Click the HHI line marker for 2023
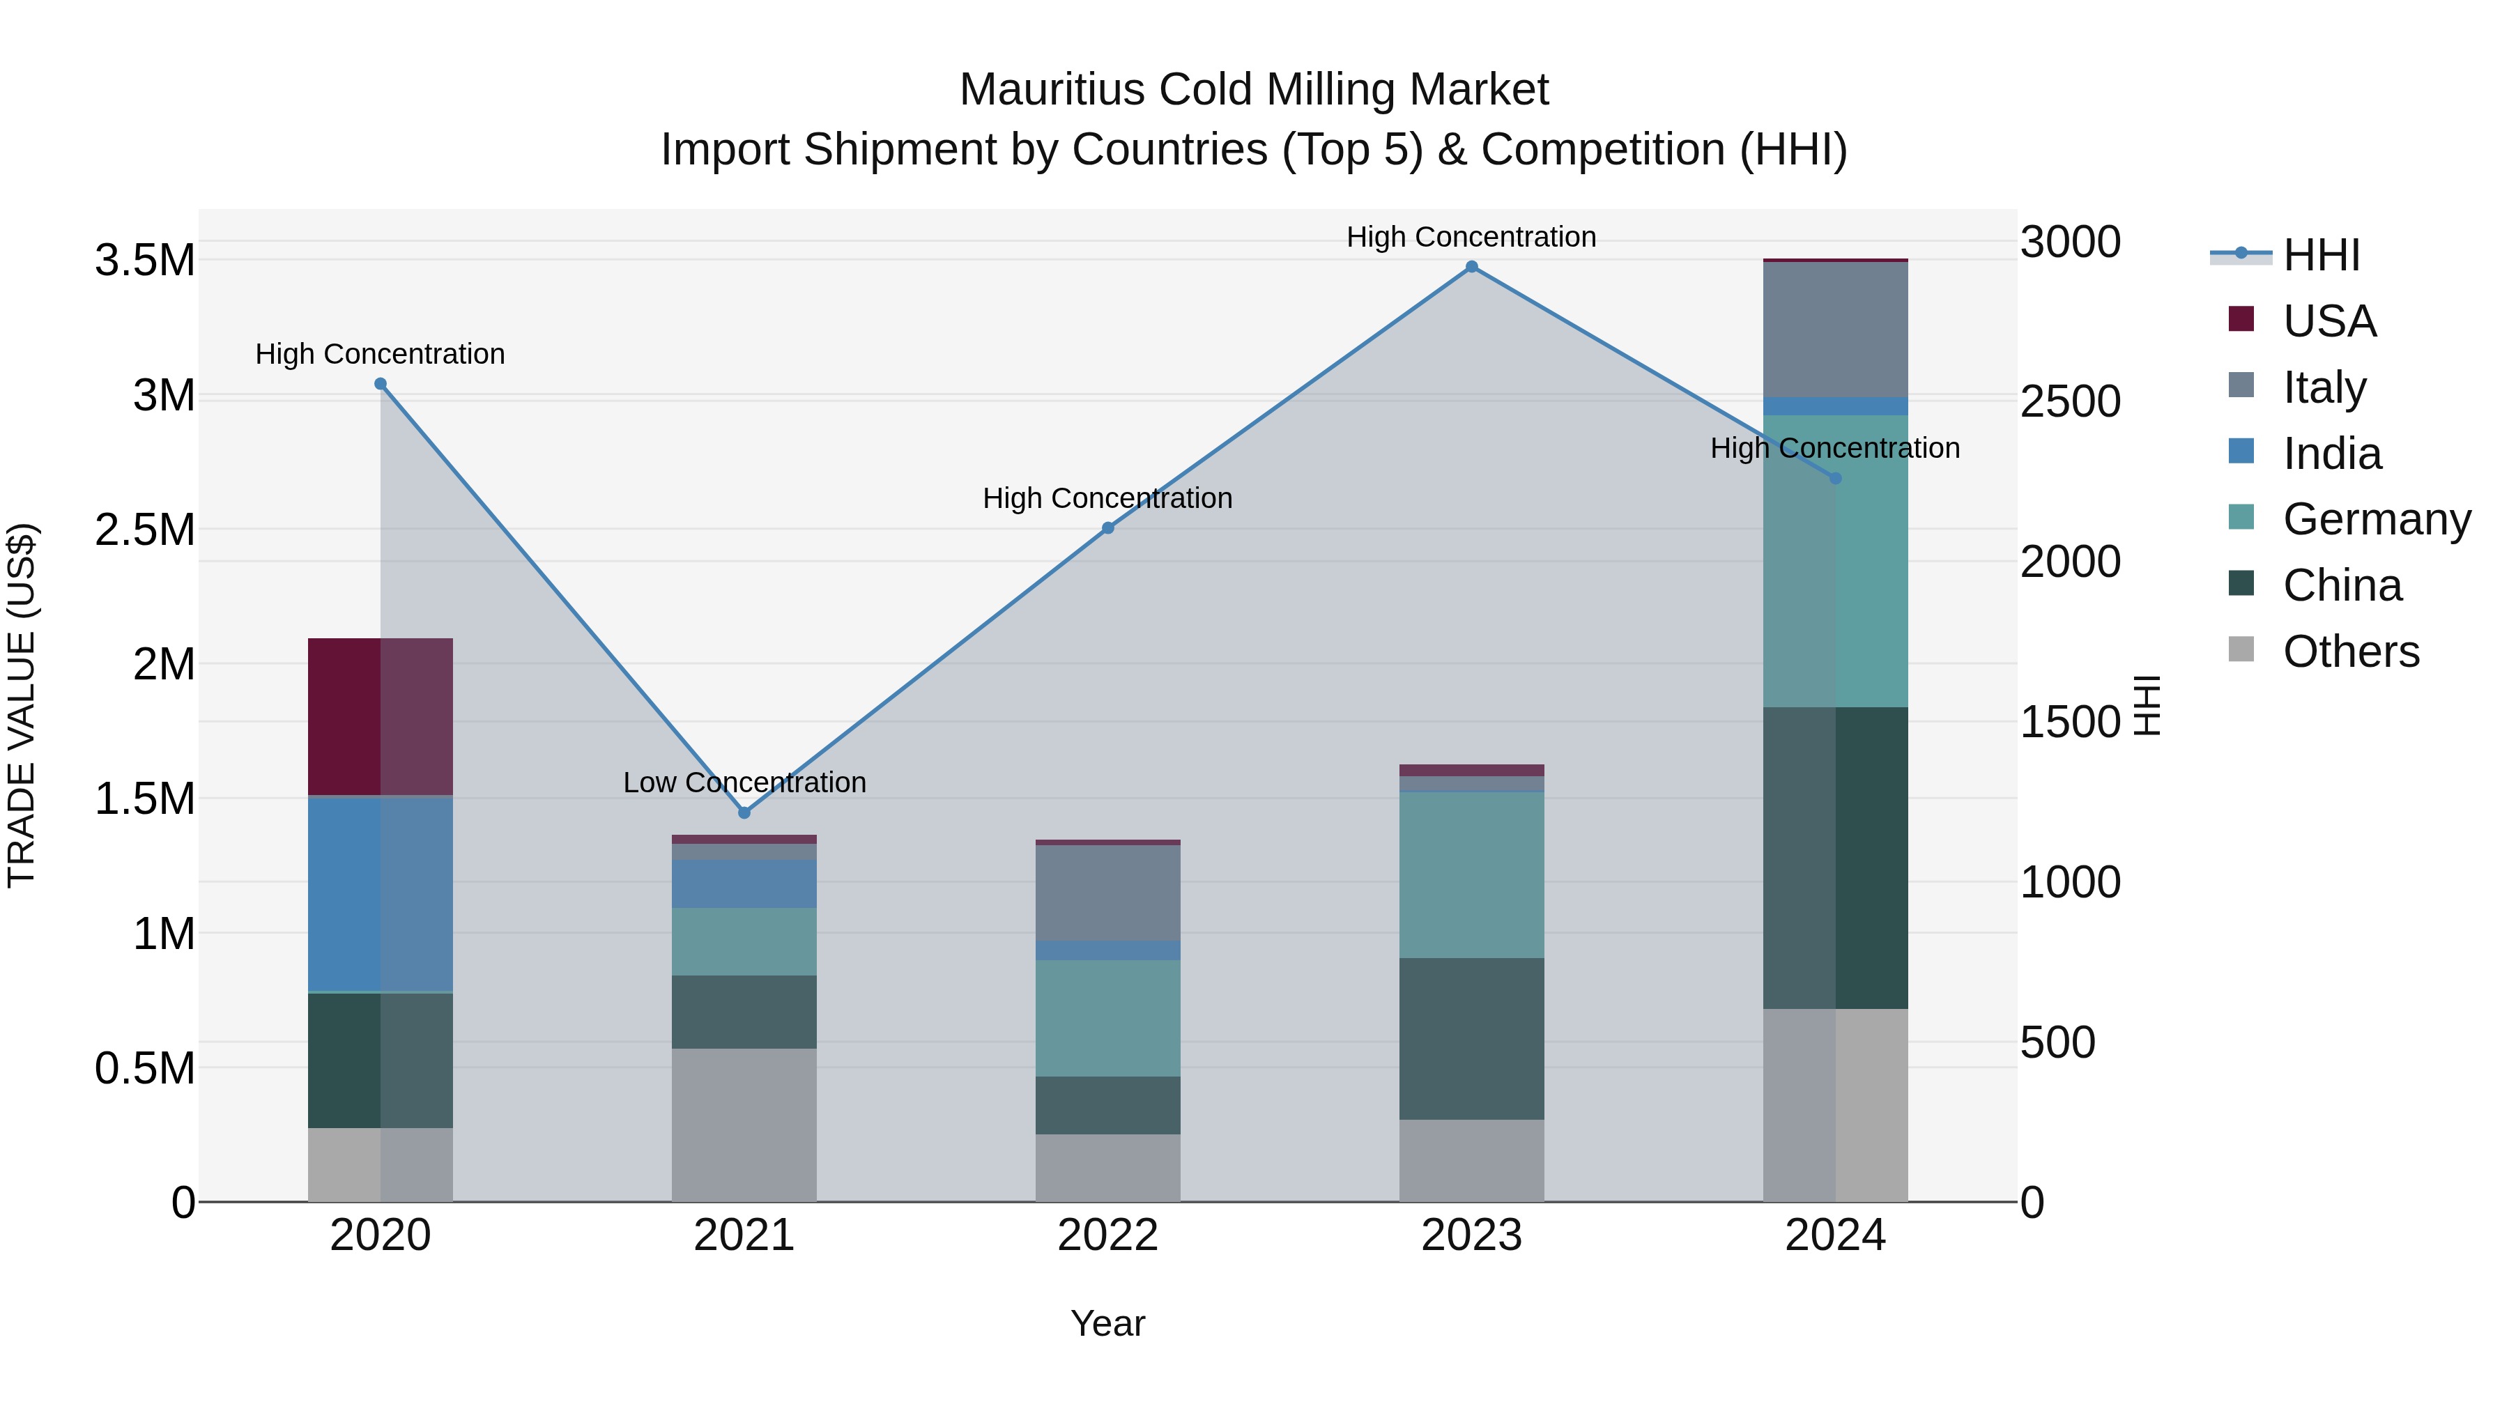[1472, 267]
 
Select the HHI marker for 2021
[744, 812]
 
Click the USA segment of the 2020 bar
[380, 717]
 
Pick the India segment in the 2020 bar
[380, 893]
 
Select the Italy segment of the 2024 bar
[1835, 329]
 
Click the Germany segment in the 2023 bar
[1472, 874]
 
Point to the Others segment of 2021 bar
[744, 1125]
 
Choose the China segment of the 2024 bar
[1835, 857]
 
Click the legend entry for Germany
[2376, 519]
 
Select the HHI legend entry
[2320, 255]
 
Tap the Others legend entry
[2349, 651]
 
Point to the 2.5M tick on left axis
[144, 530]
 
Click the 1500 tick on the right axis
[2070, 722]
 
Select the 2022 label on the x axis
[1107, 1235]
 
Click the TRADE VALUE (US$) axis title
[22, 705]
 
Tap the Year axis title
[1107, 1323]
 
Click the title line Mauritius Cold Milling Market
[1254, 90]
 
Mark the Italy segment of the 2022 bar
[1107, 892]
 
